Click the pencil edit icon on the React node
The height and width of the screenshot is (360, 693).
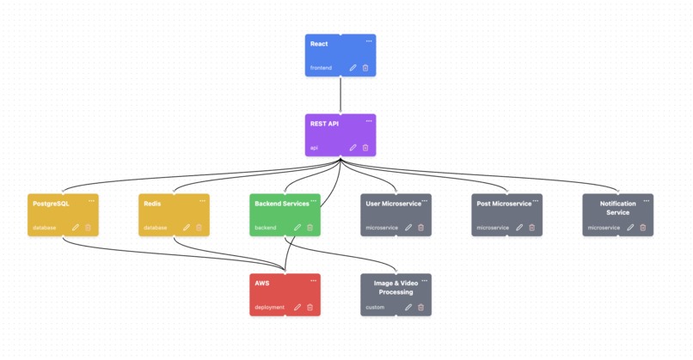353,68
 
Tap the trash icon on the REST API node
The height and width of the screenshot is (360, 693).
365,148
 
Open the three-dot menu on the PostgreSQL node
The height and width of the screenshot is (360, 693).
92,201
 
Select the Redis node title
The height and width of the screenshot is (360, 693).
152,204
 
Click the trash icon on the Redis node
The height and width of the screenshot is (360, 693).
199,228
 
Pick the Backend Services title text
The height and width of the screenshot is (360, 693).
281,204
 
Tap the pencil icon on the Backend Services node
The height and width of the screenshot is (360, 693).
297,228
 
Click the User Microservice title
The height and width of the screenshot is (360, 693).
393,204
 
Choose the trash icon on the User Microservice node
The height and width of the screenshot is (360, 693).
420,228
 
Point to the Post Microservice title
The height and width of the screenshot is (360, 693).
504,204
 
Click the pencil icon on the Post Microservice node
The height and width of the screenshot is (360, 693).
519,228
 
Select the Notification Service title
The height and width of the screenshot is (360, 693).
617,208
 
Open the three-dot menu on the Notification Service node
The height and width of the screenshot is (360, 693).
647,201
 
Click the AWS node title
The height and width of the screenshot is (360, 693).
261,283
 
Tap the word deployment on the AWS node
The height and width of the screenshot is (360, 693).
269,307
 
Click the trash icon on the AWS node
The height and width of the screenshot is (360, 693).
310,307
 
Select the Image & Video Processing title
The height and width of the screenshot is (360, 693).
396,287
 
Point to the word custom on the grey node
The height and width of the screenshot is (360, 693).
375,307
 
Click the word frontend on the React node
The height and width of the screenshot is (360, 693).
321,68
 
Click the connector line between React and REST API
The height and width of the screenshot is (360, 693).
340,95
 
